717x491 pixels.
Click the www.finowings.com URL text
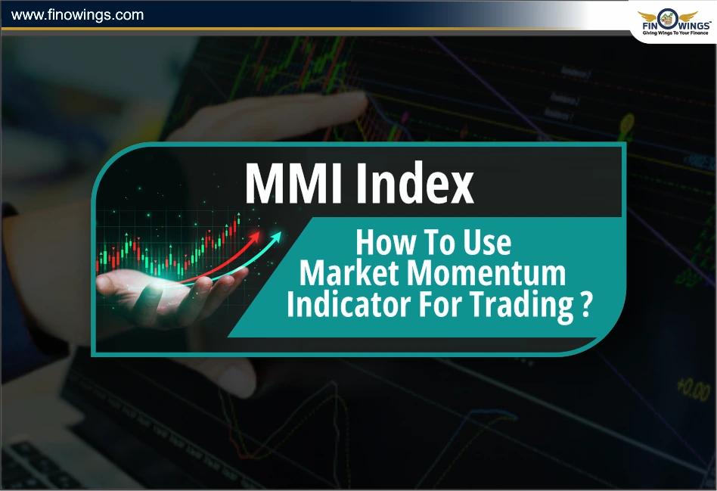pos(78,14)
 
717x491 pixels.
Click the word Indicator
pos(347,306)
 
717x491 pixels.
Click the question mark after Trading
pos(585,306)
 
